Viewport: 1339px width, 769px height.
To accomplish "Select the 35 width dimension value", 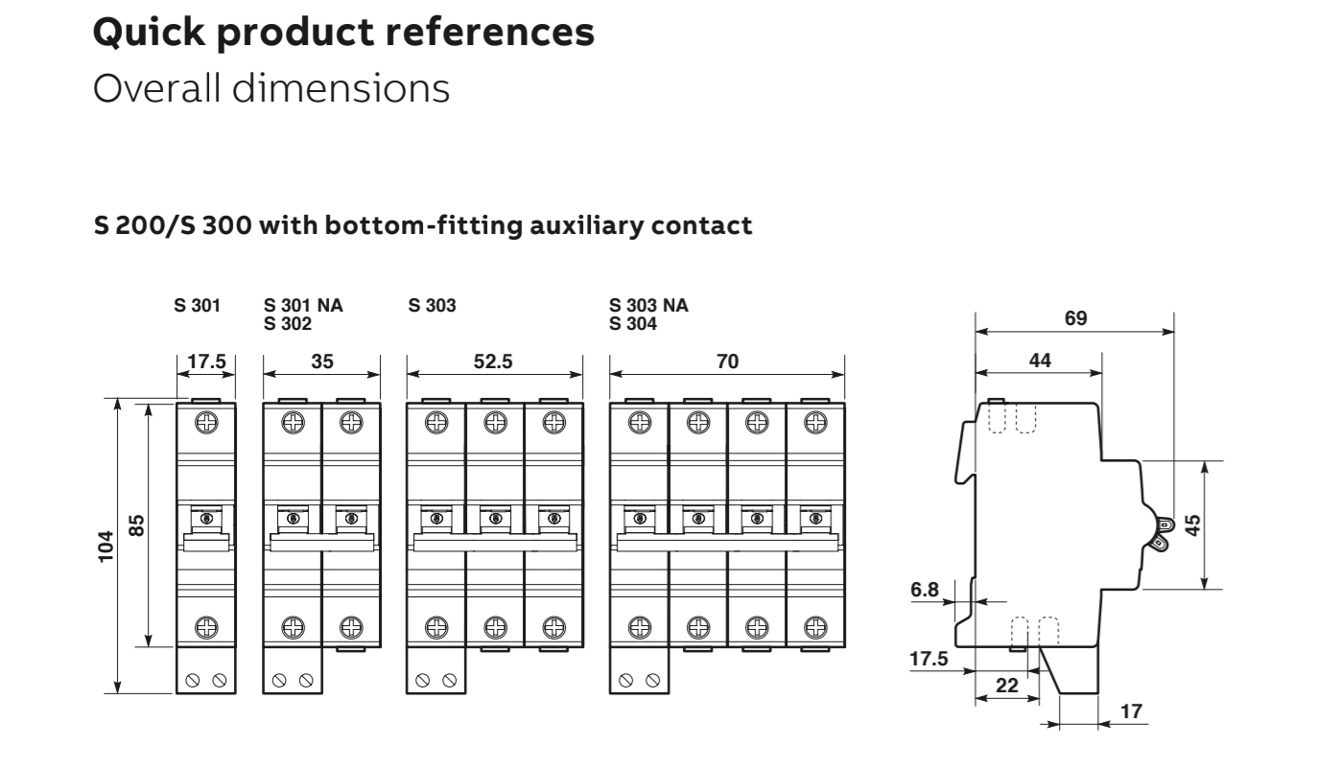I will (320, 362).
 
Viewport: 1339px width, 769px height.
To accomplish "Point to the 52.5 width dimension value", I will (495, 362).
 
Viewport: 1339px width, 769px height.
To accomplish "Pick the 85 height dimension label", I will (137, 525).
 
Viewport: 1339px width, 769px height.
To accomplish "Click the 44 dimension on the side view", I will (1039, 361).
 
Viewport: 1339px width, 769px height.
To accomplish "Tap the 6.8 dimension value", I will (925, 590).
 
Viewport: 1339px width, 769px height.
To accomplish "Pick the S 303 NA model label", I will (648, 307).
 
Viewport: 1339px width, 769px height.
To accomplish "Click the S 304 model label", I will (633, 323).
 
